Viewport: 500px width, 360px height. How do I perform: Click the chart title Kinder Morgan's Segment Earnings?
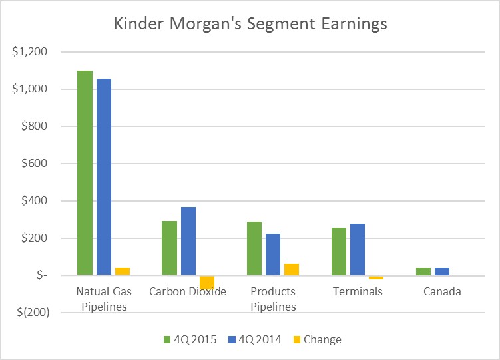250,25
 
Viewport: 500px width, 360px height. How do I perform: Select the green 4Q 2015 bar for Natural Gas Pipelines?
85,172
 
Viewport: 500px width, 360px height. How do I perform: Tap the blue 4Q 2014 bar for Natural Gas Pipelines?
104,176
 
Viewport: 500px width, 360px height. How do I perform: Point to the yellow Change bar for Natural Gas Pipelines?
123,271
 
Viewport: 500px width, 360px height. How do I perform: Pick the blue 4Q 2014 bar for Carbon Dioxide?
188,241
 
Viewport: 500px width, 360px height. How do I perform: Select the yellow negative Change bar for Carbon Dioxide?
207,282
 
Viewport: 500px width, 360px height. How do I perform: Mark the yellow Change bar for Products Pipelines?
291,270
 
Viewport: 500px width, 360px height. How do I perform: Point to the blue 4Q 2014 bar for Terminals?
358,250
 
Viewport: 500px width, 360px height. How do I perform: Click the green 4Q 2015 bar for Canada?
423,271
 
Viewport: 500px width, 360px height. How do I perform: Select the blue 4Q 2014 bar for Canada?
442,271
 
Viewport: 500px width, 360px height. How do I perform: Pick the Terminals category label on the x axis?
358,292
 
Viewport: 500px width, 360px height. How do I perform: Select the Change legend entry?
322,339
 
